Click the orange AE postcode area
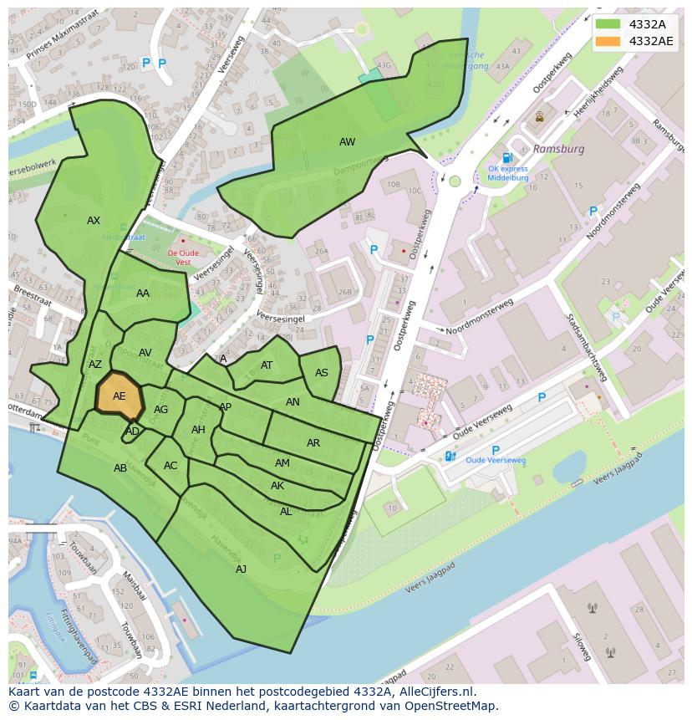[x=119, y=396]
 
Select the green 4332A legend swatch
[x=608, y=24]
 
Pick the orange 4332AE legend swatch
[x=608, y=41]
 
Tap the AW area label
[x=347, y=142]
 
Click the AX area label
[x=94, y=221]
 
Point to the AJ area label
[x=241, y=569]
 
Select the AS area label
[x=322, y=373]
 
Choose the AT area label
[x=267, y=365]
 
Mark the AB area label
[x=120, y=468]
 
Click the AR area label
[x=313, y=443]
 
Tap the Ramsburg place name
[x=558, y=149]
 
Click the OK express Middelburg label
[x=508, y=173]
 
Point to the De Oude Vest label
[x=183, y=257]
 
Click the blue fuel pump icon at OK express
[x=506, y=158]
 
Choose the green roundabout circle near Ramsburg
[x=455, y=181]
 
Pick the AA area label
[x=143, y=294]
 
